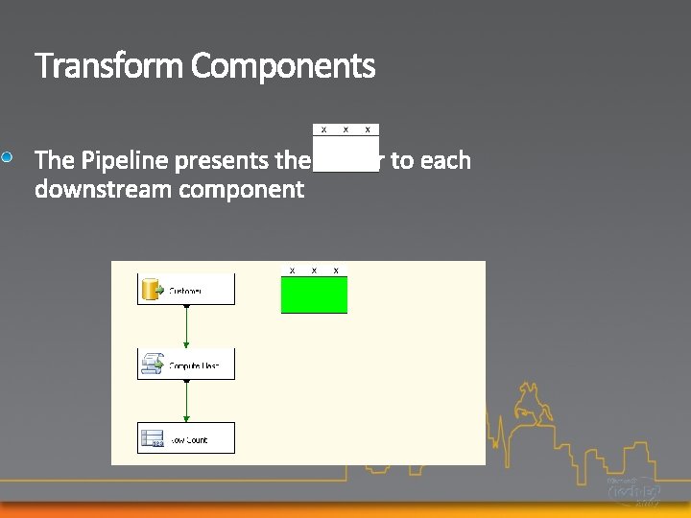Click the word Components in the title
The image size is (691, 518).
tap(283, 67)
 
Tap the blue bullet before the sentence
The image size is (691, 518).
tap(8, 156)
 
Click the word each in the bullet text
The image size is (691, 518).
tap(445, 160)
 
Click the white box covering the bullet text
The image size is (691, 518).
tap(345, 153)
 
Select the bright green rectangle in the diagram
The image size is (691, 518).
tap(314, 294)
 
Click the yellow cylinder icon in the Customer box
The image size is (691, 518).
tap(151, 289)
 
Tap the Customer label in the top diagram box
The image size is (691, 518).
tap(187, 291)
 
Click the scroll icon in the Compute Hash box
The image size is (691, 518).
tap(152, 364)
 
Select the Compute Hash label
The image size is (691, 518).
tap(195, 365)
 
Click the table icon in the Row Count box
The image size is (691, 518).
tap(152, 439)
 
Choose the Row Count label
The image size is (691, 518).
tap(190, 440)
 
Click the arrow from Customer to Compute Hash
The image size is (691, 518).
tap(186, 327)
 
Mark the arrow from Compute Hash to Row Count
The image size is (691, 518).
tap(186, 401)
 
